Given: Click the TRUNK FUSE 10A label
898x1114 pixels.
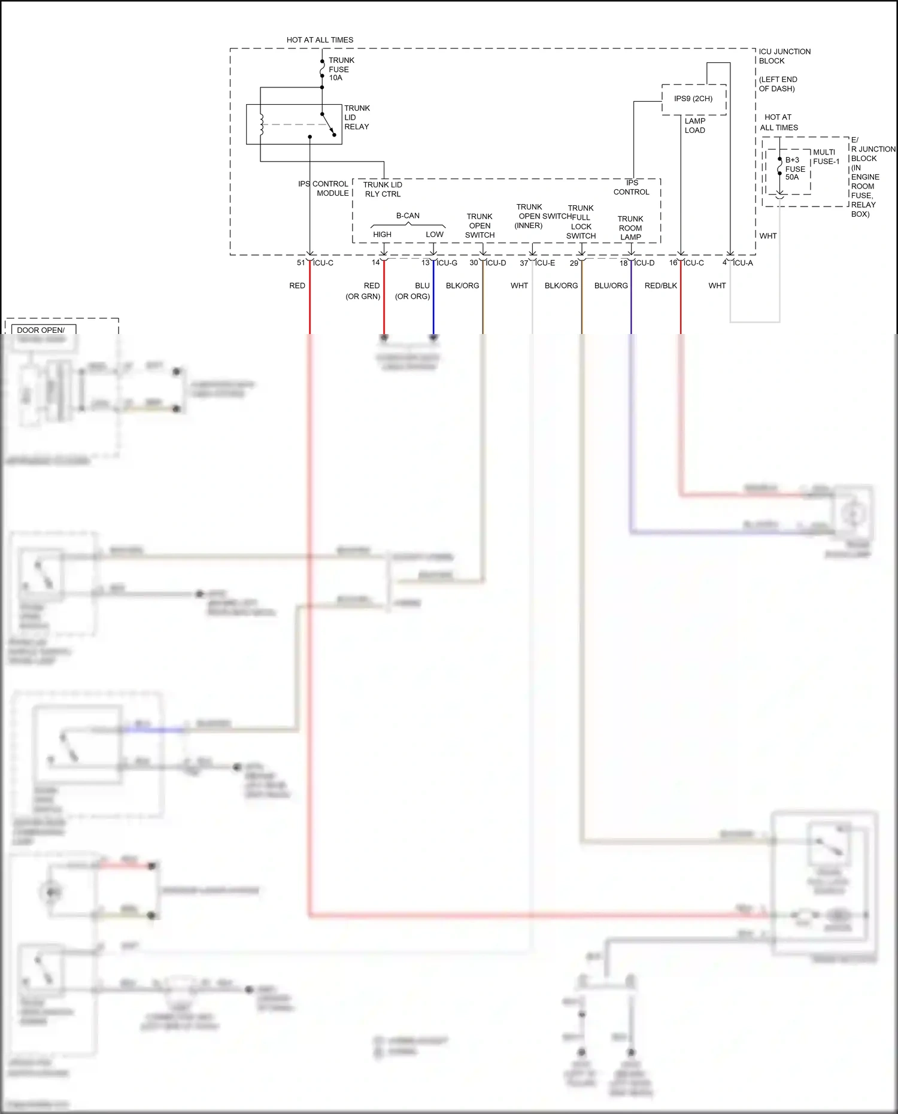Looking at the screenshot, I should [341, 69].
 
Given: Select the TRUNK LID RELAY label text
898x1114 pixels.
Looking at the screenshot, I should [357, 117].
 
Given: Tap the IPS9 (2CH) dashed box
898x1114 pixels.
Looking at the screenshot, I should [693, 99].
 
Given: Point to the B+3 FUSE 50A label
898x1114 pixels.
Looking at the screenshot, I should [794, 169].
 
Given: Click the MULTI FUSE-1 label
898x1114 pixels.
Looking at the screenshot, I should [826, 157].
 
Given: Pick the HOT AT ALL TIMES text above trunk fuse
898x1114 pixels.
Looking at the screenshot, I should [320, 40].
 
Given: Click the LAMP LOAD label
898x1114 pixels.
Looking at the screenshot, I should [694, 126].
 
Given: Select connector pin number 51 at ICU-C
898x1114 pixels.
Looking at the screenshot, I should [301, 263].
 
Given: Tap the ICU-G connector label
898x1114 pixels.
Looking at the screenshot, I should [447, 263].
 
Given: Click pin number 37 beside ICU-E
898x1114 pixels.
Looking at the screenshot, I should [524, 263].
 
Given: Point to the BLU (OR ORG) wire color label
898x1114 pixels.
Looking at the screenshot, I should [413, 291].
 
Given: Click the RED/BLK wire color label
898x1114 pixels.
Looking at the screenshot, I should [660, 286].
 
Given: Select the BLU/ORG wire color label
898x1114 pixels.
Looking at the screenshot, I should [611, 286].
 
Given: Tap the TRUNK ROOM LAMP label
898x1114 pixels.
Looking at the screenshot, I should [630, 228].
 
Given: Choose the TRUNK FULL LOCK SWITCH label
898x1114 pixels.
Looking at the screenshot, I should [581, 222].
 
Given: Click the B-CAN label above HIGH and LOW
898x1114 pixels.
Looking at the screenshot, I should [408, 215].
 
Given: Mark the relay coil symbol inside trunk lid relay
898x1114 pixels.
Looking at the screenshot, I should [262, 124].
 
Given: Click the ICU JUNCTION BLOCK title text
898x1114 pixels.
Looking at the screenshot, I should [784, 56].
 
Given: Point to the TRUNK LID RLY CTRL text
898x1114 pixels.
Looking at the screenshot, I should [383, 189].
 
